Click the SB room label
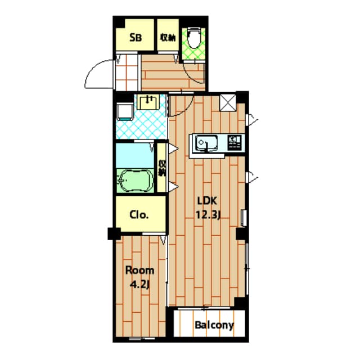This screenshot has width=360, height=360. [136, 38]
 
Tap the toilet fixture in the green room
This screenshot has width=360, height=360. [194, 38]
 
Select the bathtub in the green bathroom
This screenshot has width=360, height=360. [135, 181]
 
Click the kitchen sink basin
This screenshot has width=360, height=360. [206, 143]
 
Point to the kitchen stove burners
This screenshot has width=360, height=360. [235, 142]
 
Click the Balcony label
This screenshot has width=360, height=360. [214, 325]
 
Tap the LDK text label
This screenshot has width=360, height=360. [207, 201]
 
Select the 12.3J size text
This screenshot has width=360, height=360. [208, 215]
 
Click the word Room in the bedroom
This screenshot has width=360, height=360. [139, 271]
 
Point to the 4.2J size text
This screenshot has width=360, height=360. [140, 285]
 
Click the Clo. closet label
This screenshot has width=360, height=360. [139, 215]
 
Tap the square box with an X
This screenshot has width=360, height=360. [228, 102]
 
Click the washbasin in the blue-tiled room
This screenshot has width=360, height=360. [148, 102]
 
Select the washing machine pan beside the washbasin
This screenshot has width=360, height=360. [125, 111]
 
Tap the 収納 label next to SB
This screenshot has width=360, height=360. [168, 38]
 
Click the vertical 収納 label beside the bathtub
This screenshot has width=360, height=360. [163, 168]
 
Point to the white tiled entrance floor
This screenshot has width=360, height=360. [127, 73]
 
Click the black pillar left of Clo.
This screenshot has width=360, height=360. [114, 233]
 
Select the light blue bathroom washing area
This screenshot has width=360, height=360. [135, 156]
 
